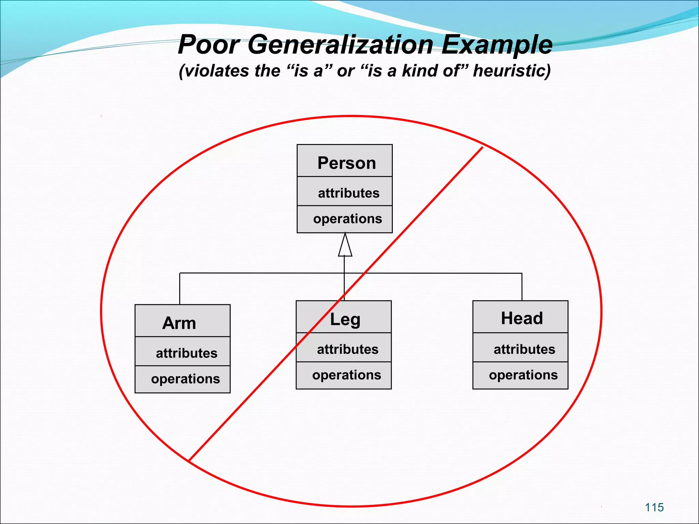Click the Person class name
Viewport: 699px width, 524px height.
[346, 163]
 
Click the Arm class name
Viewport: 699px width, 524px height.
[179, 323]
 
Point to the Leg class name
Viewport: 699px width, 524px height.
[345, 319]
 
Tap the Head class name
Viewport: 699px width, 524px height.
[522, 318]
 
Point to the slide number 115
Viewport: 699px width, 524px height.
[654, 507]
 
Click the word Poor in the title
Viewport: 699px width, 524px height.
[209, 45]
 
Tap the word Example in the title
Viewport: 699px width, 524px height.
[497, 45]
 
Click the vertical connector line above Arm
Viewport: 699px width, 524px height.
[180, 289]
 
